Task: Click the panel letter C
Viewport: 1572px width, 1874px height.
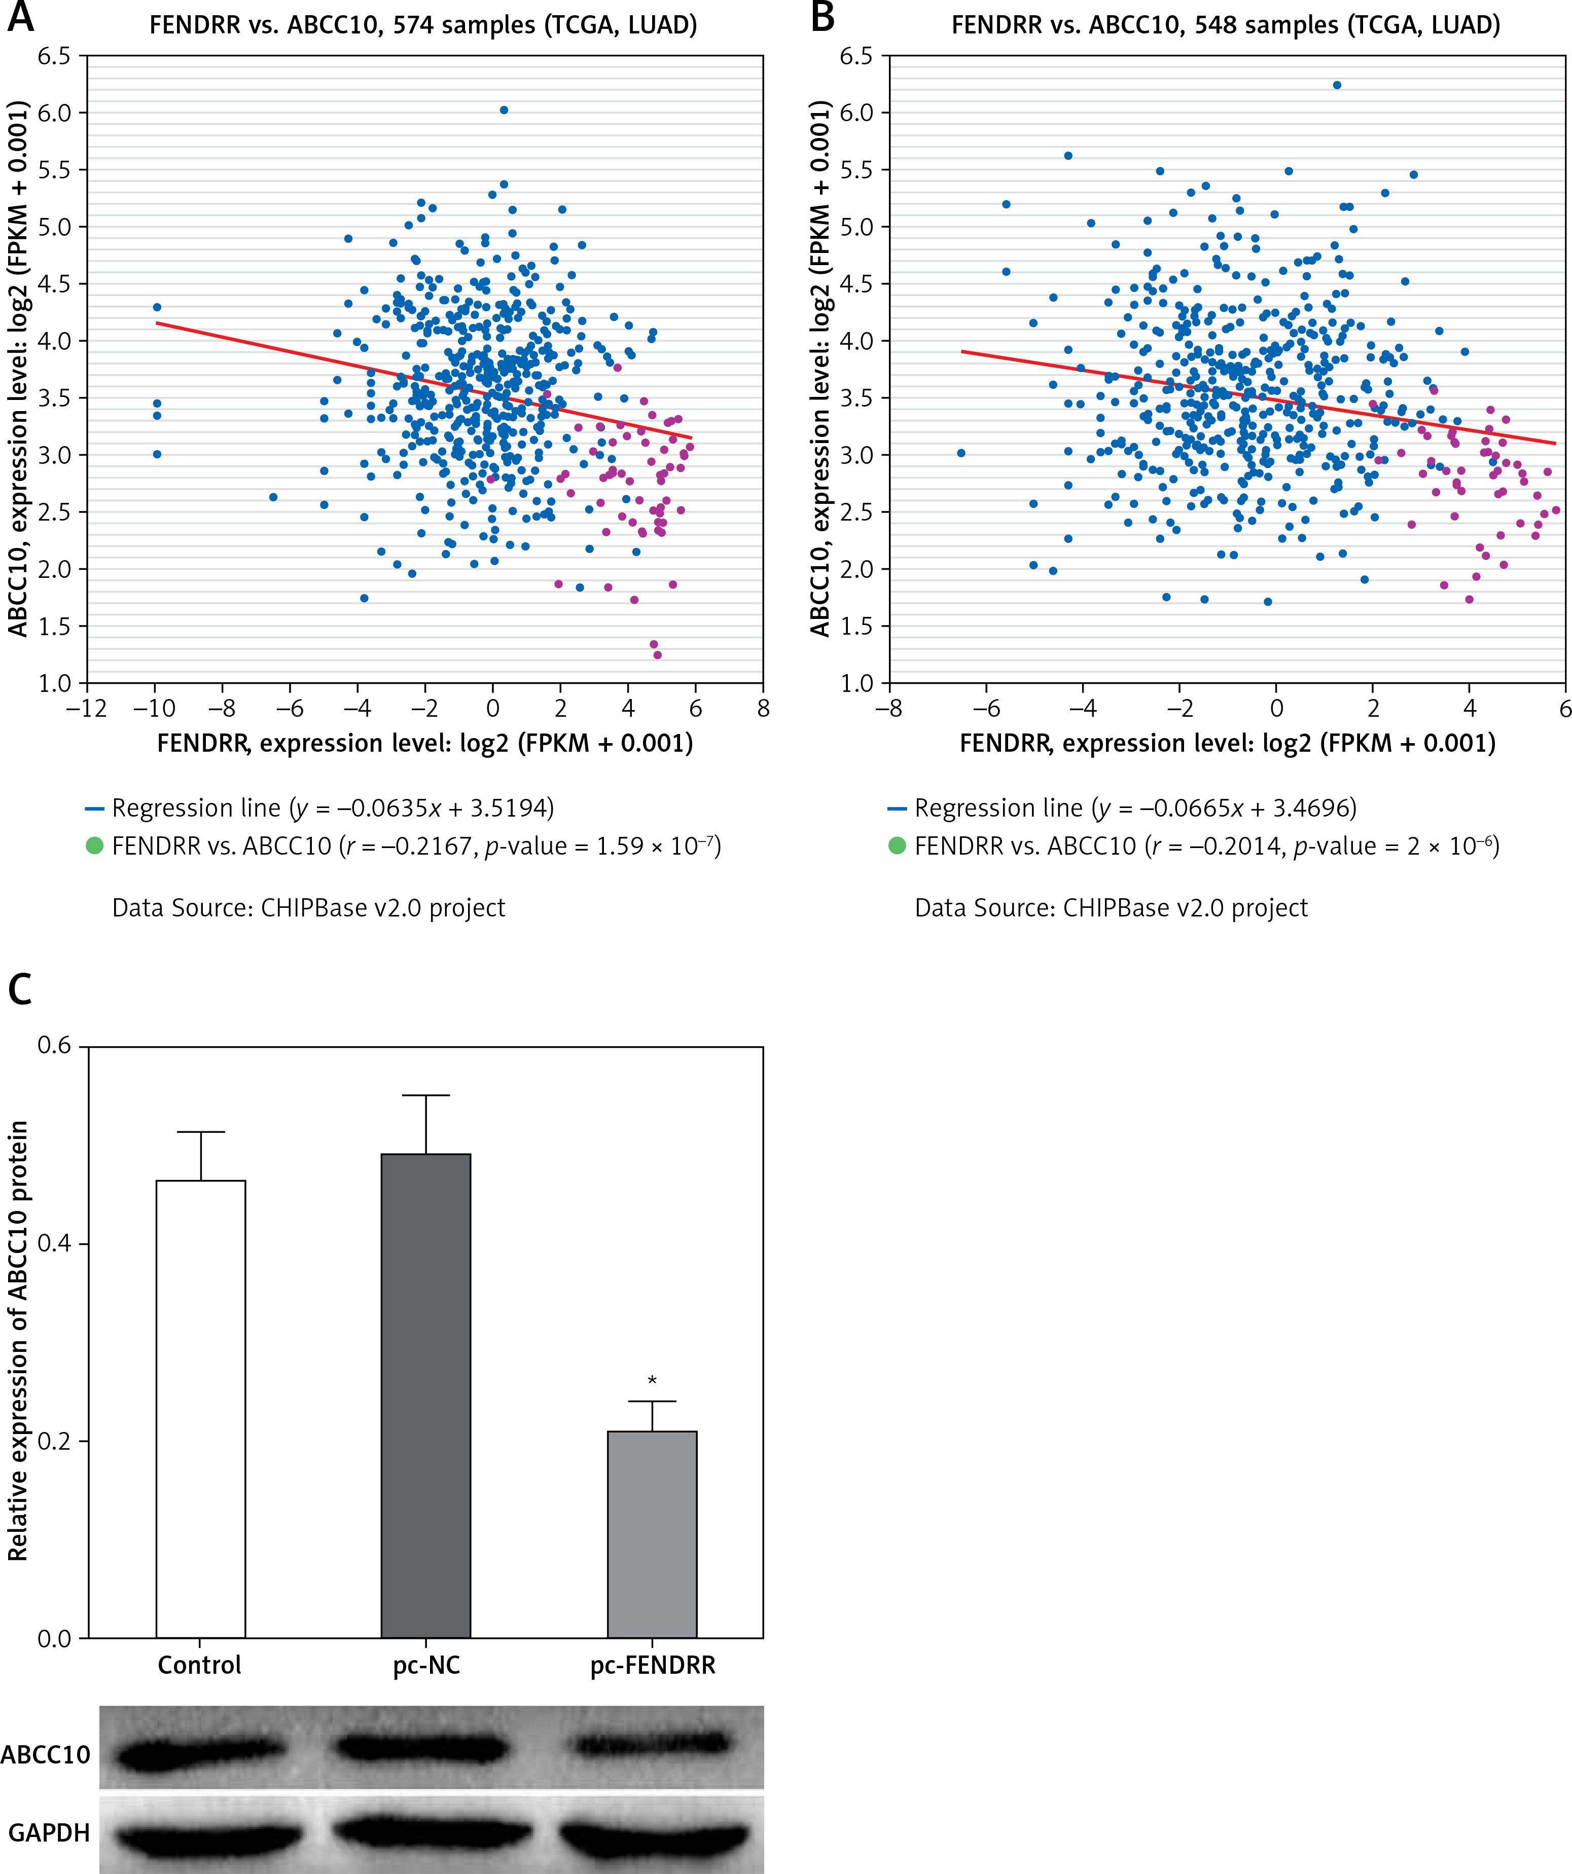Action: (x=20, y=989)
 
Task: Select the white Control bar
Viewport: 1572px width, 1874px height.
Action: (x=201, y=1410)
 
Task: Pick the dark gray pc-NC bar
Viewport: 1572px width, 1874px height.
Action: (x=426, y=1397)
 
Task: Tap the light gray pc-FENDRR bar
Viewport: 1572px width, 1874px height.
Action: (x=652, y=1535)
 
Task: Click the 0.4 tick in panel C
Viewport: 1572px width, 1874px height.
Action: (x=55, y=1244)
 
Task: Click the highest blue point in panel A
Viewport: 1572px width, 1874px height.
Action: (x=504, y=110)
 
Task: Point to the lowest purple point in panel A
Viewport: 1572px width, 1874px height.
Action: (x=658, y=655)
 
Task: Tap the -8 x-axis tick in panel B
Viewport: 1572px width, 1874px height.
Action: (x=888, y=709)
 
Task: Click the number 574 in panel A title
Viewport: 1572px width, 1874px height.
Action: (x=402, y=25)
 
